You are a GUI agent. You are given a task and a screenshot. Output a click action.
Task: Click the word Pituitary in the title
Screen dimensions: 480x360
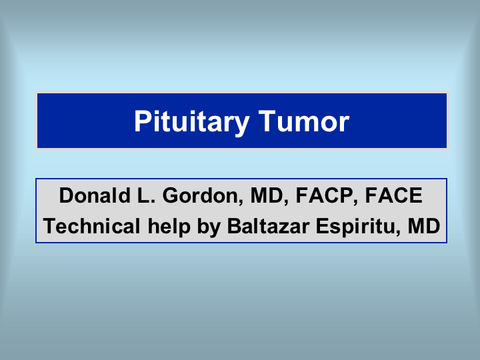tap(191, 121)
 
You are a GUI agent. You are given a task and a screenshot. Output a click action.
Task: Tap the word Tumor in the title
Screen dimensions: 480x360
tap(304, 121)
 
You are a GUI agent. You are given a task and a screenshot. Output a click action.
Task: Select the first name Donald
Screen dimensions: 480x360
tap(95, 195)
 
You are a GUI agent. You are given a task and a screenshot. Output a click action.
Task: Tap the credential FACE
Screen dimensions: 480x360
tap(394, 195)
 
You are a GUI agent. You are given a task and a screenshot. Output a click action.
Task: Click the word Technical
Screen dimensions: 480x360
tap(91, 226)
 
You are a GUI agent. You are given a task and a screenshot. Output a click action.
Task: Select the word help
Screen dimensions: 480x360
tap(169, 227)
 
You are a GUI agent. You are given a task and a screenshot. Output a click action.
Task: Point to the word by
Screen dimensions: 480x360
tap(209, 227)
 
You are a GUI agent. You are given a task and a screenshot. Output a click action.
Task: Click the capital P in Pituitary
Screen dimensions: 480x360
tap(143, 121)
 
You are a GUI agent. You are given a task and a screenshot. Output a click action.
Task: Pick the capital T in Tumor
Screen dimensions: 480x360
tap(269, 121)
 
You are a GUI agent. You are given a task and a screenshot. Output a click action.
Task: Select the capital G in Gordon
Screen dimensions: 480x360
tap(171, 195)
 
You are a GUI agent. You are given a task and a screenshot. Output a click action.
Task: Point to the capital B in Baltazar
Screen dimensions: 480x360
tap(235, 226)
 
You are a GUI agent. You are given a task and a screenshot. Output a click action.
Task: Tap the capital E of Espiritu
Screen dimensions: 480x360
tap(323, 226)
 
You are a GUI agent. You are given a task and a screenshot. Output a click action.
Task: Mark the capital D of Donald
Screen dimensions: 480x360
tap(67, 195)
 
